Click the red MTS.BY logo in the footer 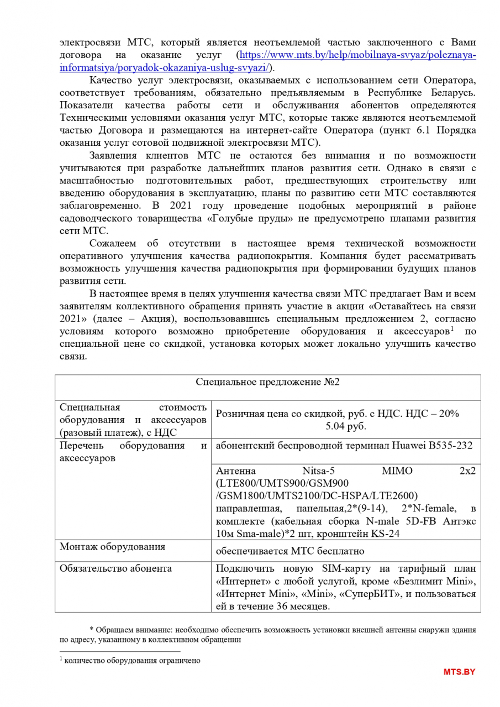pos(459,672)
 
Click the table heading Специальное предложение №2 pos(267,382)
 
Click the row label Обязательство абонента pos(116,568)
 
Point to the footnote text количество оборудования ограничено pos(132,660)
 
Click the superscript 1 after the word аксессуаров pos(451,329)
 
